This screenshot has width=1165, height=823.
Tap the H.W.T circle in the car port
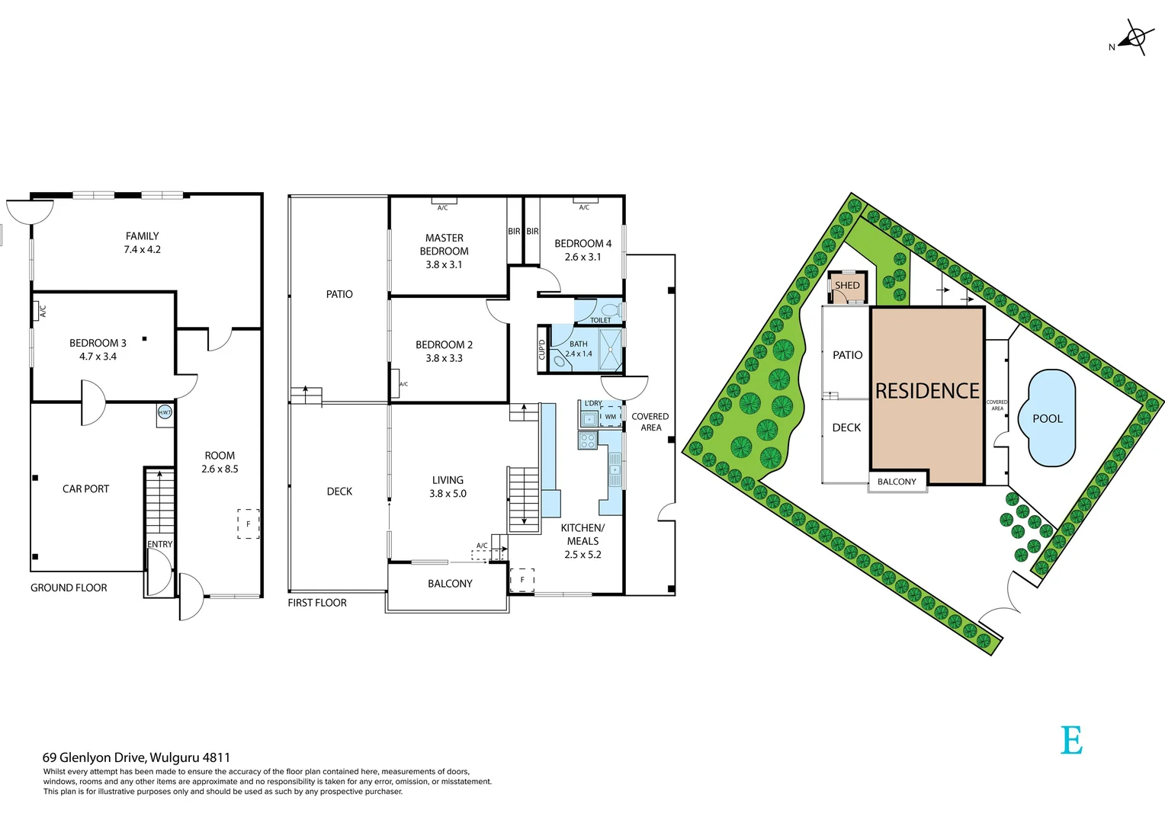click(x=165, y=412)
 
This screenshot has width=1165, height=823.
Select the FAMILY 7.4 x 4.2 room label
click(x=143, y=242)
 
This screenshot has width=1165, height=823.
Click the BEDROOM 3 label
click(x=98, y=349)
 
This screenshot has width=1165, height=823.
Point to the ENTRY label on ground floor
click(x=160, y=544)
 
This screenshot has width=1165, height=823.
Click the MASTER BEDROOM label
click(x=444, y=251)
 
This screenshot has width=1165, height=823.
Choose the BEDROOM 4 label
click(x=582, y=250)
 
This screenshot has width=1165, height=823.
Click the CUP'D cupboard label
click(x=542, y=350)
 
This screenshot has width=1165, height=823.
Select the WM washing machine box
click(x=611, y=416)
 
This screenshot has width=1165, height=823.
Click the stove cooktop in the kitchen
click(x=587, y=440)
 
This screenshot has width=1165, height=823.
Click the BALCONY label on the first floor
click(x=450, y=584)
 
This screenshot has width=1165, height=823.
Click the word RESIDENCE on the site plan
click(x=927, y=391)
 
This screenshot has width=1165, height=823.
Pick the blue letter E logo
click(x=1071, y=740)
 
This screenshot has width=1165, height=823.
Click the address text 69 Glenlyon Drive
click(x=136, y=757)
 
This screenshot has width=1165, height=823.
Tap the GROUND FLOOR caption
click(x=69, y=588)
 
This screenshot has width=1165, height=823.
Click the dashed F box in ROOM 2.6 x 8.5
click(x=248, y=524)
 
